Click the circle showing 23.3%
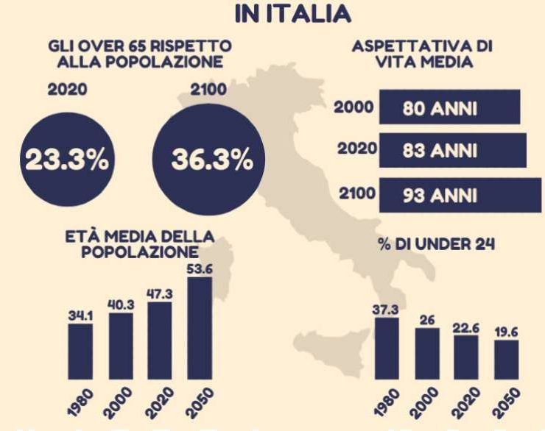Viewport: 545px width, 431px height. point(62,161)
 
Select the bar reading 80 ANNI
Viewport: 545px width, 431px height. point(449,109)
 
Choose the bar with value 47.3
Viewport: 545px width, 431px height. point(160,341)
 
